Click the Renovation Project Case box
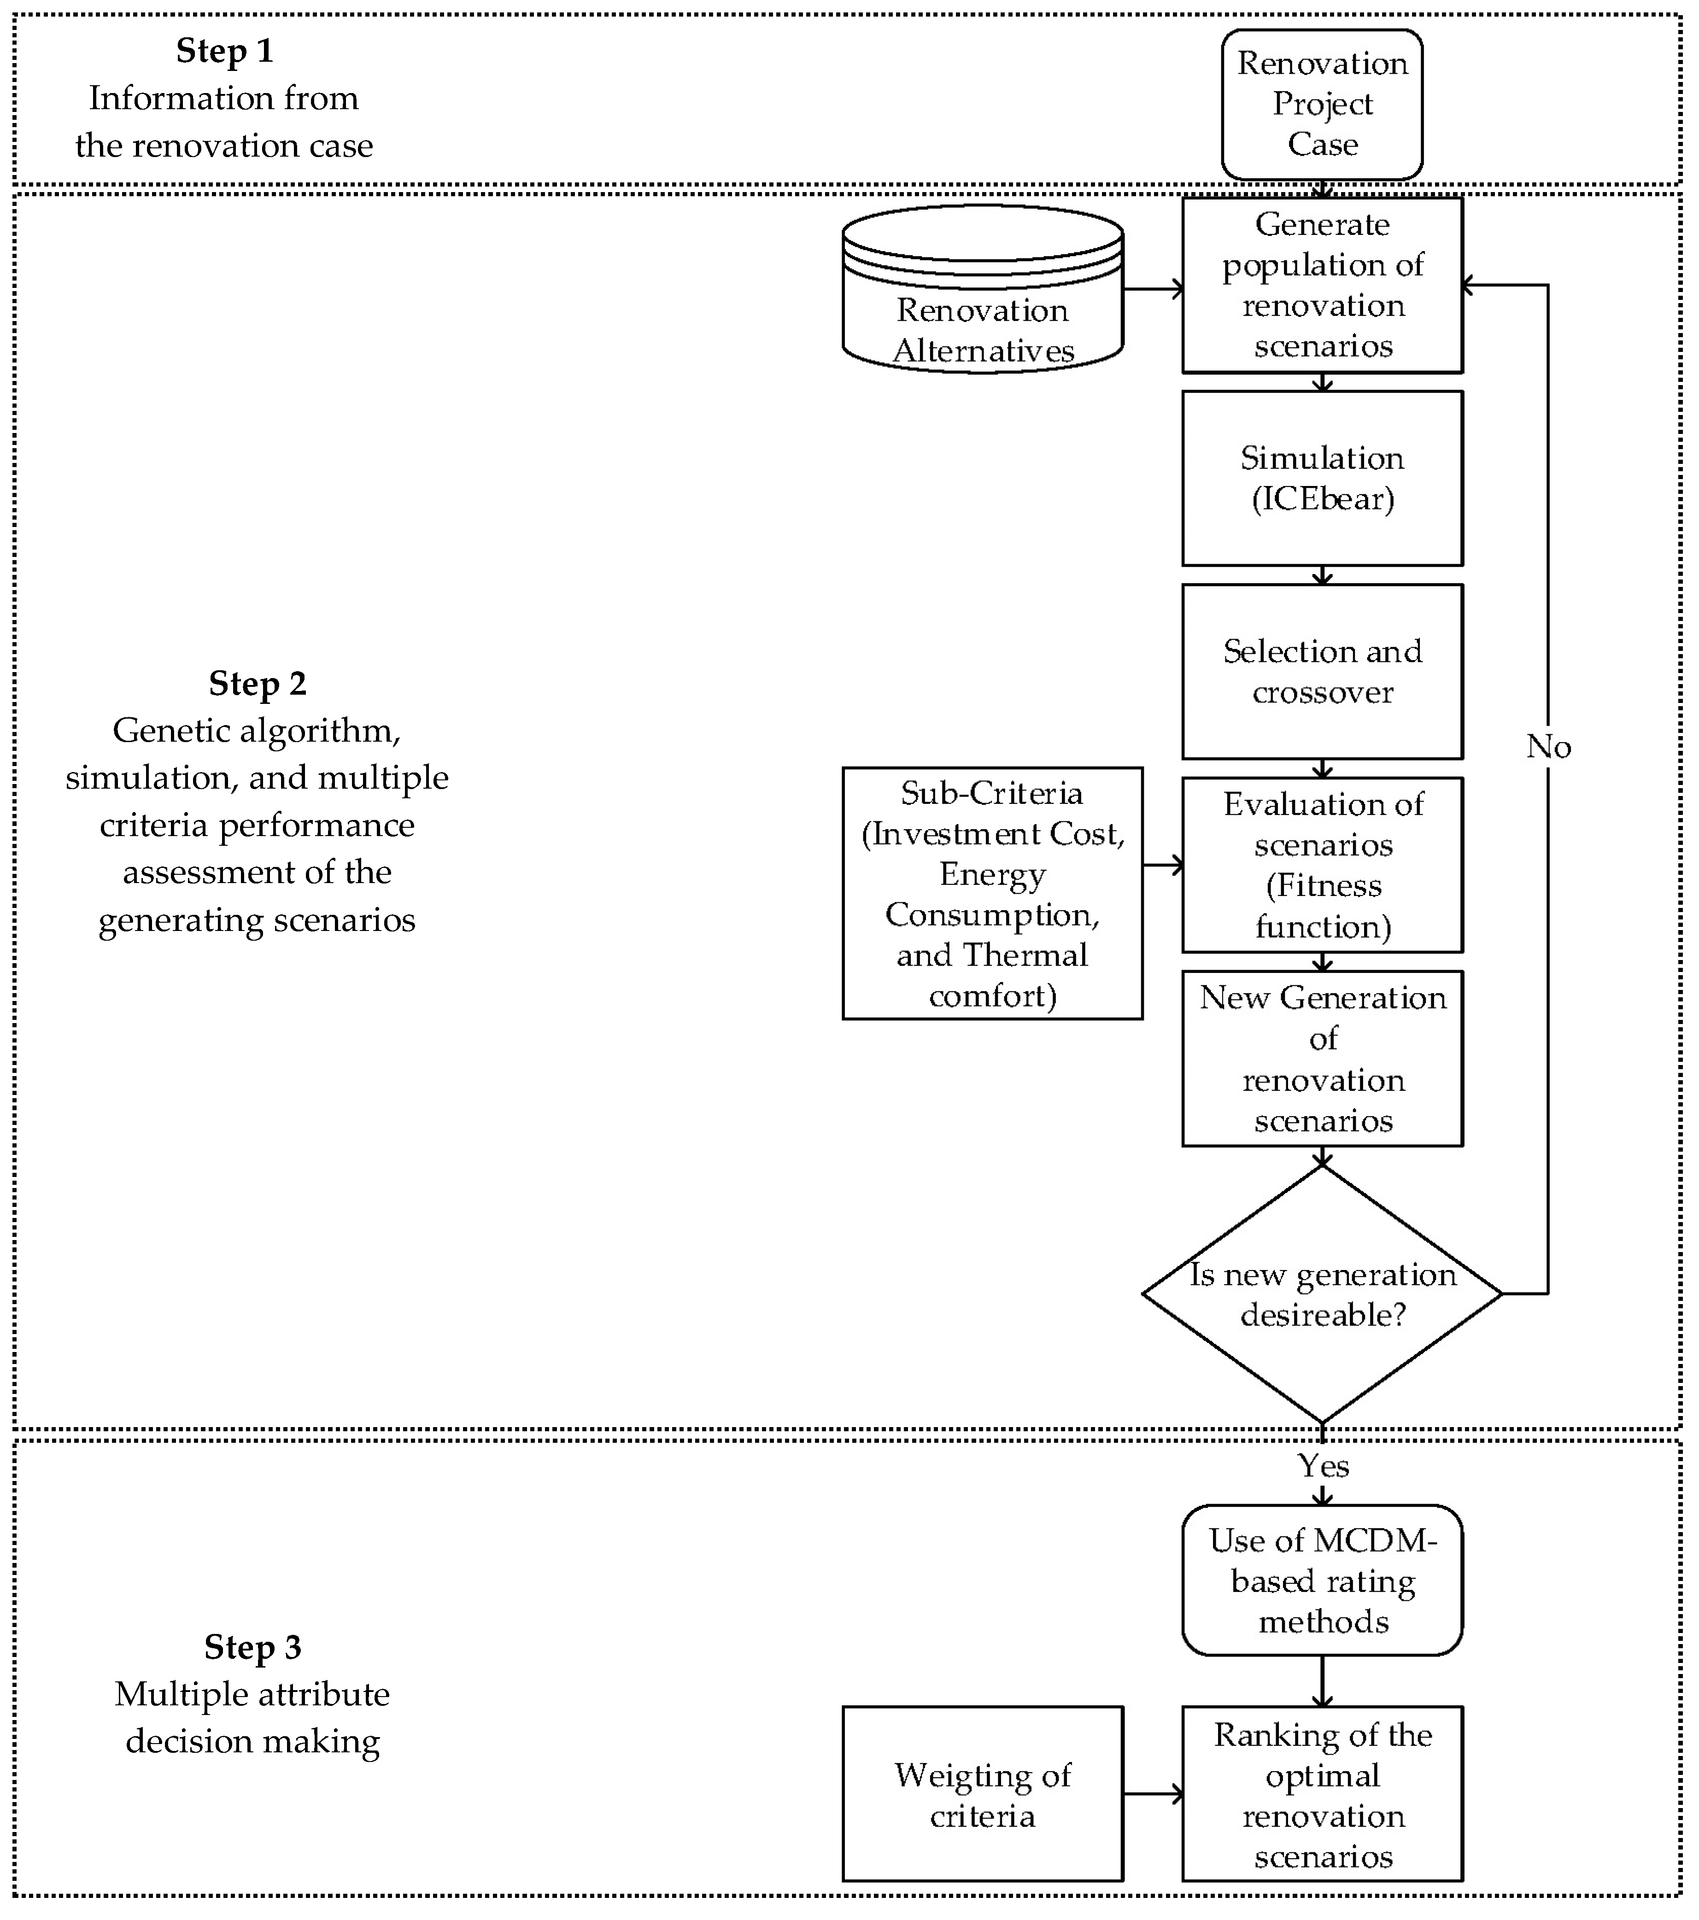[x=1321, y=104]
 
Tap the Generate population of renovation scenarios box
[x=1321, y=285]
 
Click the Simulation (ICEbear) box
[x=1321, y=478]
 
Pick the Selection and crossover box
[x=1321, y=672]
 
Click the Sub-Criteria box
[x=992, y=893]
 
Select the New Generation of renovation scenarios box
[x=1321, y=1059]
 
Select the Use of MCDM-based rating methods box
[x=1321, y=1581]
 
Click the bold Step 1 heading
[x=224, y=51]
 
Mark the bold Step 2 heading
[x=258, y=683]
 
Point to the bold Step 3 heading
[x=252, y=1647]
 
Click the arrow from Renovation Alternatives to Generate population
[x=1152, y=289]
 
